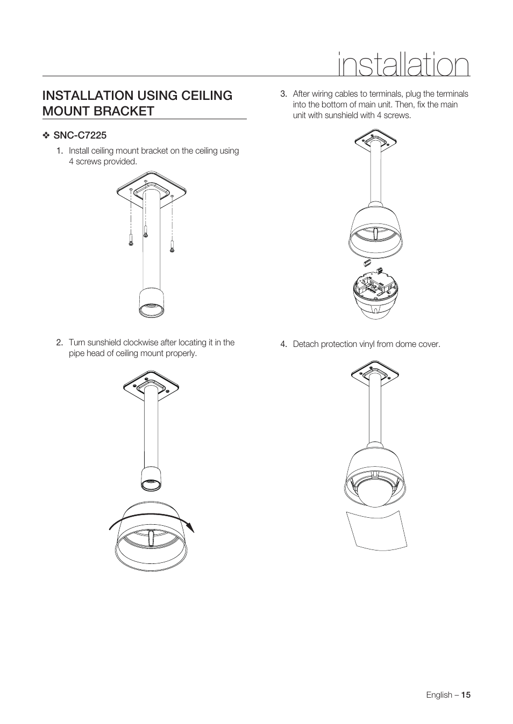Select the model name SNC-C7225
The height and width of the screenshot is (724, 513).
tap(80, 135)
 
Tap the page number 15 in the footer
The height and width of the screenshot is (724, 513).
tap(465, 694)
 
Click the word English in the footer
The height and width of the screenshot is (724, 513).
tap(439, 694)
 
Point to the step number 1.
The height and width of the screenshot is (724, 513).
tap(60, 151)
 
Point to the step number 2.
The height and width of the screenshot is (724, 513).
tap(60, 343)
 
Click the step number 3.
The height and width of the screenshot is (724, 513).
tap(283, 94)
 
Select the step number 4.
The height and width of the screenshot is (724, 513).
tap(283, 344)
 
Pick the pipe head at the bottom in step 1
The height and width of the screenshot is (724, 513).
tap(152, 303)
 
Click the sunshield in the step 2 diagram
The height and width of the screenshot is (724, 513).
tap(152, 540)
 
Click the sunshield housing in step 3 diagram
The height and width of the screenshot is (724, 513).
tap(376, 231)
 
